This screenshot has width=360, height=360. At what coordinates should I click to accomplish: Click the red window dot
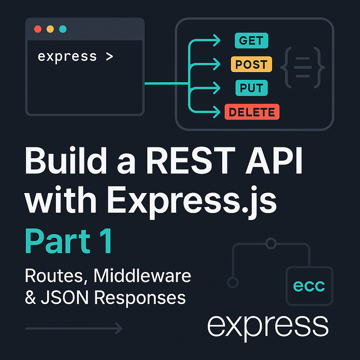pyautogui.click(x=38, y=29)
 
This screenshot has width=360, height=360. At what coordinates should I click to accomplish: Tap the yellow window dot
pyautogui.click(x=50, y=29)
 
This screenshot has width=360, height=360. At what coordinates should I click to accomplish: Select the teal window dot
pyautogui.click(x=63, y=29)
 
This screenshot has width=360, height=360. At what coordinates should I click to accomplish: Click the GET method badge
pyautogui.click(x=251, y=41)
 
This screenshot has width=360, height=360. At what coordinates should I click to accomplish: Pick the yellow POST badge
pyautogui.click(x=251, y=64)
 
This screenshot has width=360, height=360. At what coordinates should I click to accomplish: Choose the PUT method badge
pyautogui.click(x=251, y=88)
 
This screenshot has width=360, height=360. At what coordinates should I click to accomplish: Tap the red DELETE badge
pyautogui.click(x=252, y=112)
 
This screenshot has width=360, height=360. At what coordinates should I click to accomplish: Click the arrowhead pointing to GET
pyautogui.click(x=217, y=40)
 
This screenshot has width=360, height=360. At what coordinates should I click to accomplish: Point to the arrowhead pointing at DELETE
pyautogui.click(x=217, y=112)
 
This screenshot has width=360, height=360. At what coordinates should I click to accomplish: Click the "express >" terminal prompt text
pyautogui.click(x=75, y=57)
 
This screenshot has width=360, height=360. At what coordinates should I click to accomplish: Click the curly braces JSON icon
pyautogui.click(x=303, y=67)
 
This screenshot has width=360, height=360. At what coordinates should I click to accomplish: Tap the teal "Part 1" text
pyautogui.click(x=69, y=241)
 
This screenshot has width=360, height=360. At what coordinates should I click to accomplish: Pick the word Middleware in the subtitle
pyautogui.click(x=142, y=276)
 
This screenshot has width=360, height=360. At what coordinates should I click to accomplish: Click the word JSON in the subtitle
pyautogui.click(x=65, y=297)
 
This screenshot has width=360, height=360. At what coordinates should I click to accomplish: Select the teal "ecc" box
pyautogui.click(x=309, y=286)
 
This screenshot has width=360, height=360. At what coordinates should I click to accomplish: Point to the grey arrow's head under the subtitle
pyautogui.click(x=119, y=329)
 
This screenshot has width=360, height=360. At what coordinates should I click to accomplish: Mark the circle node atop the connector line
pyautogui.click(x=271, y=243)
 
